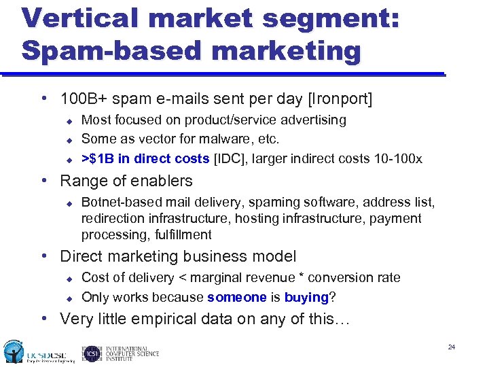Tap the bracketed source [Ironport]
(341, 99)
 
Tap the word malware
(223, 139)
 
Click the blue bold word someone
(237, 297)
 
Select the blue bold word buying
(306, 297)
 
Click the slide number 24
(452, 347)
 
